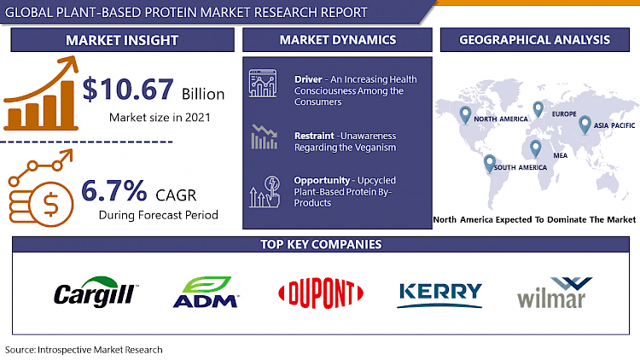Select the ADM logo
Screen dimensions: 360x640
[206, 293]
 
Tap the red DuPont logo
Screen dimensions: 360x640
[317, 293]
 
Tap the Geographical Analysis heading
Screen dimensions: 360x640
[534, 40]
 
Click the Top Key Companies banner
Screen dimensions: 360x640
[320, 245]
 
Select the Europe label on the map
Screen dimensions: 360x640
[565, 113]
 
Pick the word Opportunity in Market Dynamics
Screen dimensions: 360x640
[322, 181]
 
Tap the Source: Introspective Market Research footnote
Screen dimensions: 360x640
[83, 350]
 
